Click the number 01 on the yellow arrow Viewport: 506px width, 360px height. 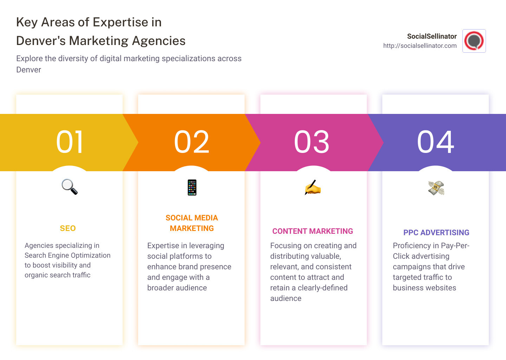[x=70, y=142]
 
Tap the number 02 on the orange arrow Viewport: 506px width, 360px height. [x=192, y=142]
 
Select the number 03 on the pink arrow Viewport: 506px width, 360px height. [x=312, y=142]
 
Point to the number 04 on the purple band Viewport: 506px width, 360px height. [x=436, y=142]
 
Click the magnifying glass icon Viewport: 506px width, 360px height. [x=70, y=187]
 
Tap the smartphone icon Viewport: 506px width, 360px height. [x=192, y=187]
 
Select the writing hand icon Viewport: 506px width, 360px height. [x=313, y=188]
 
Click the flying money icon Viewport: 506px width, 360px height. [x=436, y=188]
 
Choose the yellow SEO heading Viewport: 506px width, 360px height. [x=68, y=229]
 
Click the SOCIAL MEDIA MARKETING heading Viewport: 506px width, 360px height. [x=192, y=223]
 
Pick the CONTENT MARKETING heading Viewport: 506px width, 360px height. [x=313, y=231]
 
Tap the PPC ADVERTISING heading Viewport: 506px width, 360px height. [x=436, y=233]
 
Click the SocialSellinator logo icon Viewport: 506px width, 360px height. [x=474, y=41]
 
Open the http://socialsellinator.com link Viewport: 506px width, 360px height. [x=420, y=46]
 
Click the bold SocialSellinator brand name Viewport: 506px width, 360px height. [x=432, y=36]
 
